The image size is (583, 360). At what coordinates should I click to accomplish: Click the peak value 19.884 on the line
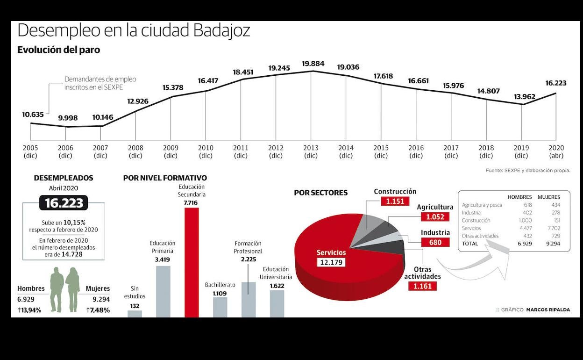(x=313, y=64)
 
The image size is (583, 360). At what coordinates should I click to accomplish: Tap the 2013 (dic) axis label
(x=311, y=151)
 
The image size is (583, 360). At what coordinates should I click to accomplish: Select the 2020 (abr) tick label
(x=556, y=151)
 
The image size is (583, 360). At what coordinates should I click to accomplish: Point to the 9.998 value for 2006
(x=68, y=118)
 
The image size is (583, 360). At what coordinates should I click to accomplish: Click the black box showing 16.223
(x=64, y=203)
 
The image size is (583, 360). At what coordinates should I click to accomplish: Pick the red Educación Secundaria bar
(x=192, y=262)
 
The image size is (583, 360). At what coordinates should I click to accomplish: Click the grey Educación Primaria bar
(x=163, y=291)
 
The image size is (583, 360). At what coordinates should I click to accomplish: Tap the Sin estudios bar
(x=135, y=314)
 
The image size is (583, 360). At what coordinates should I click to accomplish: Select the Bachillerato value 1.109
(x=219, y=293)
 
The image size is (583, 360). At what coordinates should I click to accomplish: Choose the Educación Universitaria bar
(x=277, y=303)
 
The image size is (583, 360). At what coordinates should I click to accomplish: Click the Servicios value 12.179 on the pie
(x=331, y=262)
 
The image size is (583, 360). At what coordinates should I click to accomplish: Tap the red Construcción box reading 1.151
(x=395, y=202)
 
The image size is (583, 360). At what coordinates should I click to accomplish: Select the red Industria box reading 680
(x=435, y=242)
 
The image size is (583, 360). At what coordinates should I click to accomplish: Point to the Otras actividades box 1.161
(x=422, y=286)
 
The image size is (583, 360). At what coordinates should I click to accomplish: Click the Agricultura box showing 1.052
(x=435, y=216)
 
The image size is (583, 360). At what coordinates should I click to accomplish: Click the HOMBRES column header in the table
(x=519, y=197)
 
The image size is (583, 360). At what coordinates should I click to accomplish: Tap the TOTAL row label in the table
(x=470, y=244)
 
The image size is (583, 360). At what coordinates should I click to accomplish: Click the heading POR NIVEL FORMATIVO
(x=165, y=178)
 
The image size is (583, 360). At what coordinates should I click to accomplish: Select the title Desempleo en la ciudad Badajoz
(x=134, y=31)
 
